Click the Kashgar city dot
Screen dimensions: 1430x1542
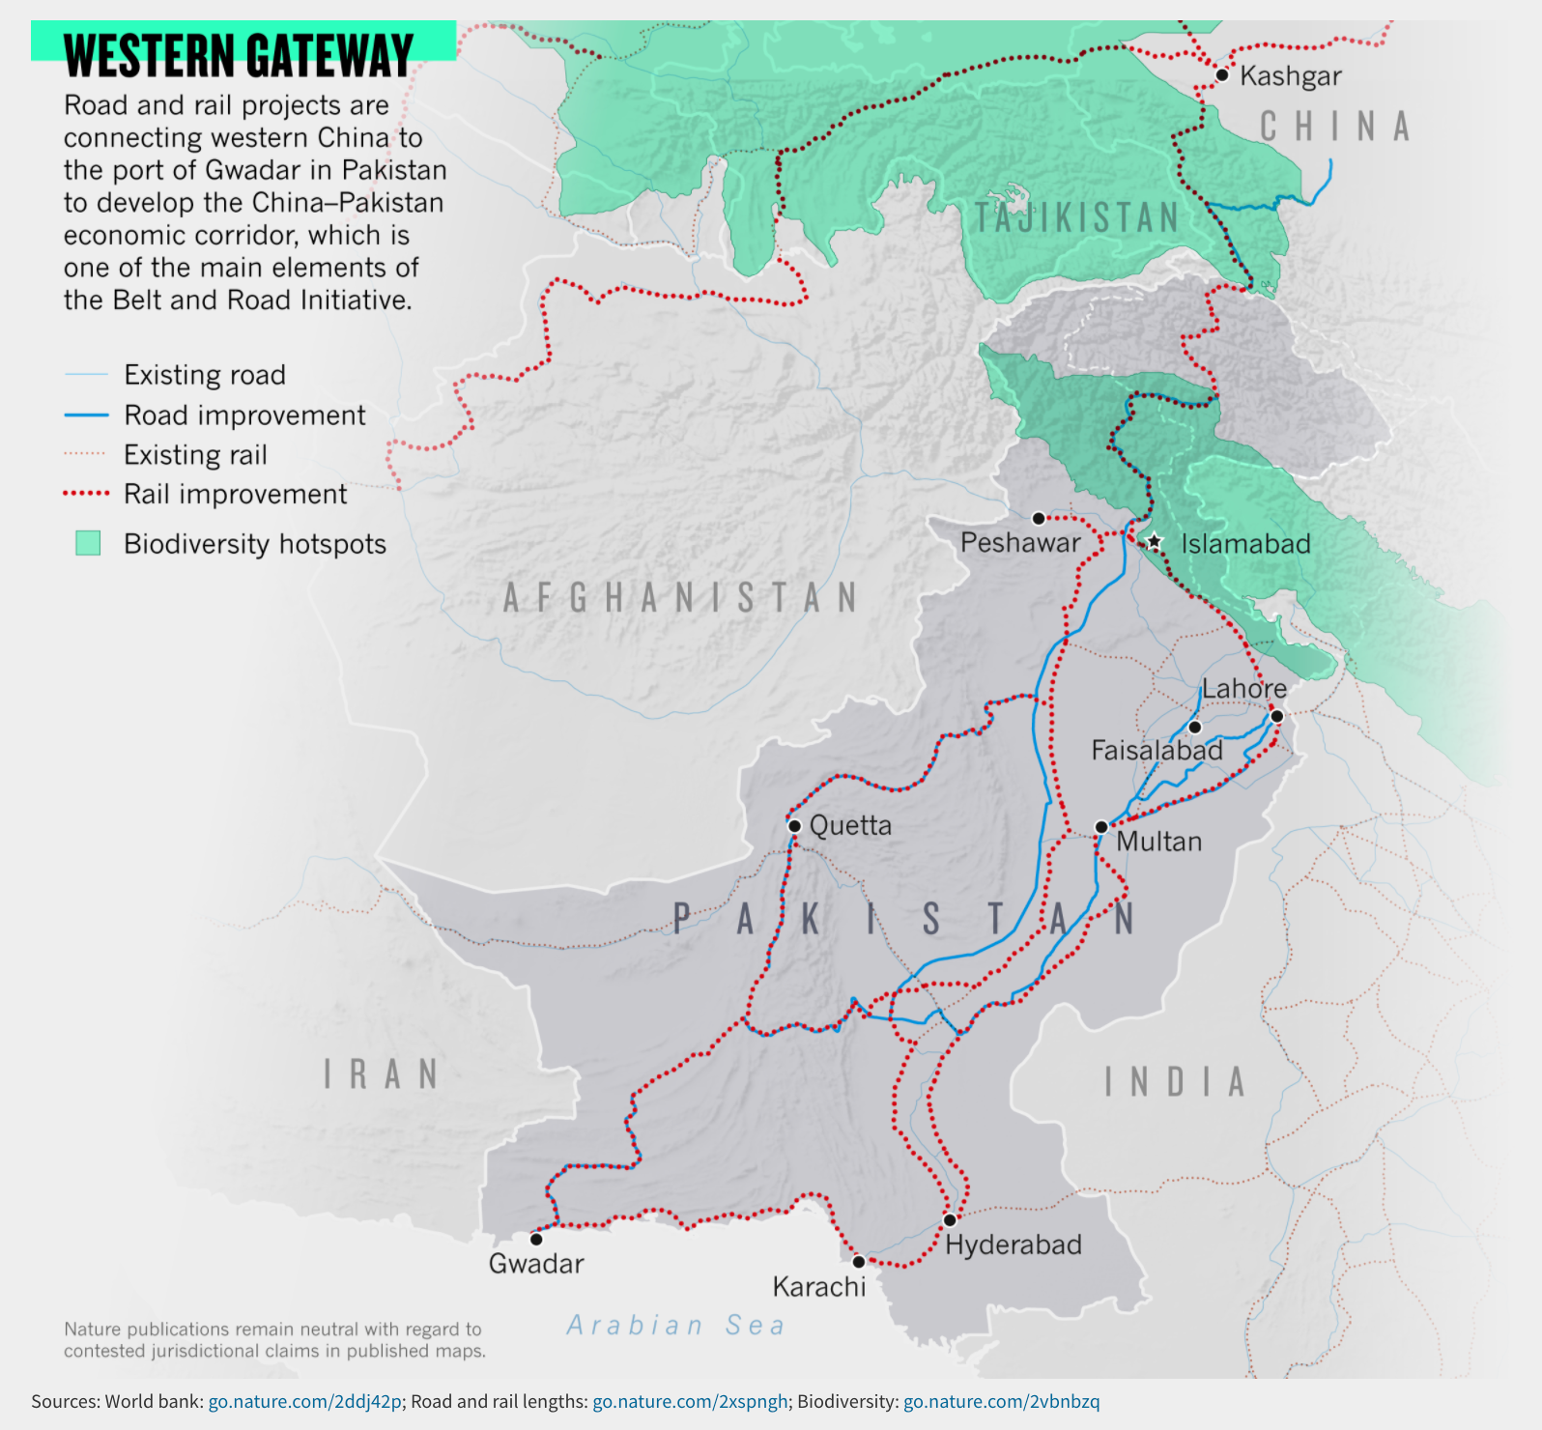1222,74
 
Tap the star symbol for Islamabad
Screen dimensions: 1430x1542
1154,542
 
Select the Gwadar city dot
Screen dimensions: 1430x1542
536,1239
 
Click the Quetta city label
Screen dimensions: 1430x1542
850,825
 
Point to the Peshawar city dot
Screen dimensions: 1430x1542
1039,519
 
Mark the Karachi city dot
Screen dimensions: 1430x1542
859,1262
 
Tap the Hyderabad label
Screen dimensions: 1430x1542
1013,1244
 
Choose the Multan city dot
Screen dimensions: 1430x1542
1101,827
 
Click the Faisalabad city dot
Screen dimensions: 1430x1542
1195,727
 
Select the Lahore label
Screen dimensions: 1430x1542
1243,689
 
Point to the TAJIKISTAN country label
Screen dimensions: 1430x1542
1076,217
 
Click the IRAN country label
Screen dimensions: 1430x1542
381,1074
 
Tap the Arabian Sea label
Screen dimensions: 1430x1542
675,1325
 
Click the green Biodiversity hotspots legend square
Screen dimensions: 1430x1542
88,543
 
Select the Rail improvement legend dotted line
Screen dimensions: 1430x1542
86,494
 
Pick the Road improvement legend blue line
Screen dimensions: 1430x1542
86,415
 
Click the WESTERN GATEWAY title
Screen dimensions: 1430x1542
239,55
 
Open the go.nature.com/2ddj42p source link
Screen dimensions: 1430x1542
304,1401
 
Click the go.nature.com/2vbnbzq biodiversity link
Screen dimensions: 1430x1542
1001,1401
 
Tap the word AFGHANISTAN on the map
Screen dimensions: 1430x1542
680,597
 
